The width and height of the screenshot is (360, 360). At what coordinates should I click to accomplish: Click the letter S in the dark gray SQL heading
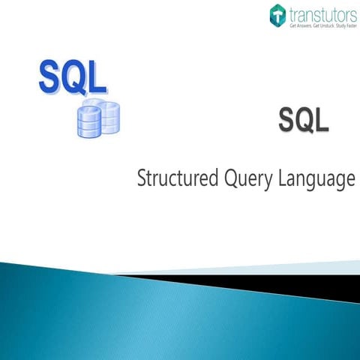[x=286, y=120]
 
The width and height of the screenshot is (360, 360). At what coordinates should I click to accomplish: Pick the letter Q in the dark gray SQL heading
[x=304, y=120]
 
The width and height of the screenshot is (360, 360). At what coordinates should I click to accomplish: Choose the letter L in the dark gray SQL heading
[x=322, y=120]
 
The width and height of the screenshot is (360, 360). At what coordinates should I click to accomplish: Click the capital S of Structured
[x=142, y=181]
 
